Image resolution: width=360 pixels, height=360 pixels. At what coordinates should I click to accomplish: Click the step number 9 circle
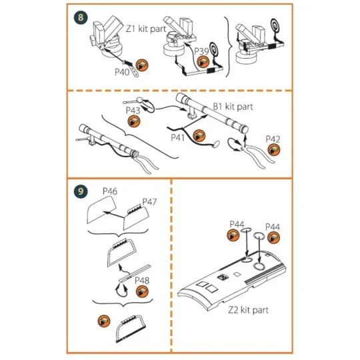coord(81,191)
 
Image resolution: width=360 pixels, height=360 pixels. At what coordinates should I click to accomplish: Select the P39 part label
coord(203,51)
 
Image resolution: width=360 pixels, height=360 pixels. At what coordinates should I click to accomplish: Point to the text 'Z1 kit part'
coord(149,29)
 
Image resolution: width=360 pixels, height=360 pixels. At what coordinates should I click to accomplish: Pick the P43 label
coord(132,109)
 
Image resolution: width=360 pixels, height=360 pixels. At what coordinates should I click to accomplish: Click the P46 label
coord(110,191)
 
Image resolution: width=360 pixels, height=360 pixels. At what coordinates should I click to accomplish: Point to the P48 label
coord(142,280)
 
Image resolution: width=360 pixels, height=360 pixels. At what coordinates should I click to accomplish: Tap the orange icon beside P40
coord(143,65)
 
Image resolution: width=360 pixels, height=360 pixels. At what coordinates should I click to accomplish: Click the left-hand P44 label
coord(238,223)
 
